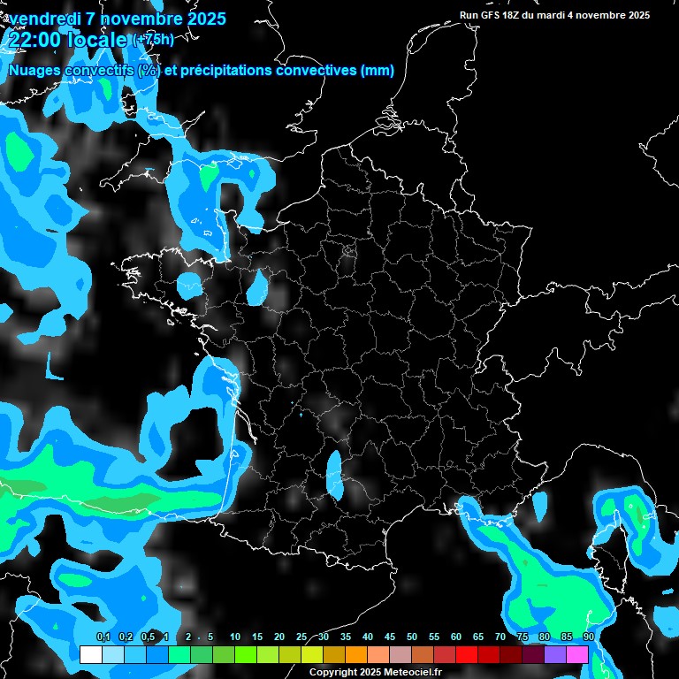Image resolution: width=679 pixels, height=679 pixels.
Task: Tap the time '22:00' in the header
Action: tap(35, 41)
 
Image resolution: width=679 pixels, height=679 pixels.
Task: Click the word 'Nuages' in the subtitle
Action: tap(36, 71)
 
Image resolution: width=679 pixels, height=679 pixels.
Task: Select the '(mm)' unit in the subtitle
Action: tap(378, 71)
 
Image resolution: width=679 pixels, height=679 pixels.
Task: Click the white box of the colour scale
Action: tap(90, 654)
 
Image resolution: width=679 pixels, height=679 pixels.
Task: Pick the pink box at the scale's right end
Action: tap(577, 654)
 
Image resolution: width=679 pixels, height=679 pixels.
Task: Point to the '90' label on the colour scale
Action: tap(588, 637)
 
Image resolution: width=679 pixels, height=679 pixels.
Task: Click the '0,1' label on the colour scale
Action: tap(103, 637)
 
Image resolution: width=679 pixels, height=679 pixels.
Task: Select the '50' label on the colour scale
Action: tap(411, 637)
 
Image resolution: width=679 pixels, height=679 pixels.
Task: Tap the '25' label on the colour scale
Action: tap(301, 637)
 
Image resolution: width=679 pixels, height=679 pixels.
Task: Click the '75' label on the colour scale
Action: tap(522, 637)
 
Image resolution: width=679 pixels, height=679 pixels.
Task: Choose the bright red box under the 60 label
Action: tap(467, 654)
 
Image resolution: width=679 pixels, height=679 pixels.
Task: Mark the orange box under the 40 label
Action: tap(356, 654)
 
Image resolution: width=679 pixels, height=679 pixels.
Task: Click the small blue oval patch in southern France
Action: tap(334, 471)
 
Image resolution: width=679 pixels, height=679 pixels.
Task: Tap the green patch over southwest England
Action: tap(208, 177)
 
